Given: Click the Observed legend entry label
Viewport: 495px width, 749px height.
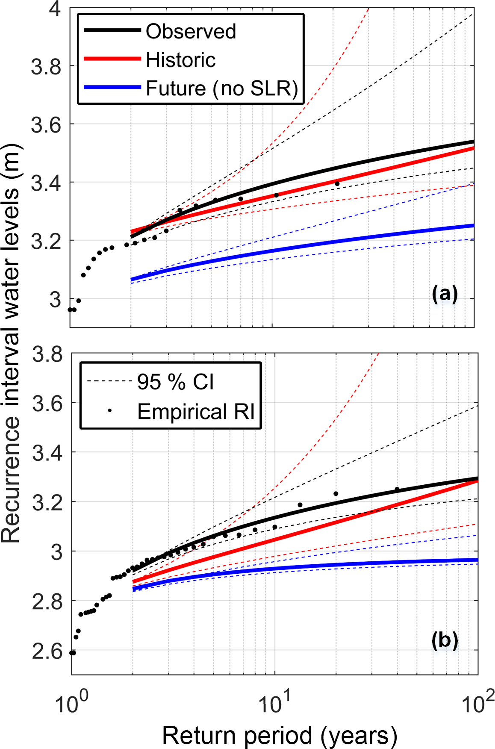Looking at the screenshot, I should (x=191, y=31).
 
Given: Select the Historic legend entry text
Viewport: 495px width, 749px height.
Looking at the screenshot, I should (x=180, y=60).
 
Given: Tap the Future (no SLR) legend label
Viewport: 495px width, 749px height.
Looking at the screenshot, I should (x=221, y=88).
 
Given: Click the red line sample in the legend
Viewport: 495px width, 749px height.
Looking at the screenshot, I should (x=112, y=59).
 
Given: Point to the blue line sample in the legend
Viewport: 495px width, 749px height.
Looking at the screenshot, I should (x=112, y=87).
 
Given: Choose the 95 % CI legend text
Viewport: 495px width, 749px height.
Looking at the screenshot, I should (x=175, y=381).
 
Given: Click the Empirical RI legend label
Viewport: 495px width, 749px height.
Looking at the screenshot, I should (x=196, y=412).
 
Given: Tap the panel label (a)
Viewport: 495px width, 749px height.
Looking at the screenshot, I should (x=445, y=294).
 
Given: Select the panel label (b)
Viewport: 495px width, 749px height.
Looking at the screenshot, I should (x=445, y=640).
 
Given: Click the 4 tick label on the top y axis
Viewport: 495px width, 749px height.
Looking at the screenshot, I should (x=55, y=9).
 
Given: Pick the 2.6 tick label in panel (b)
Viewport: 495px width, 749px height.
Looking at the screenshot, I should (x=47, y=652).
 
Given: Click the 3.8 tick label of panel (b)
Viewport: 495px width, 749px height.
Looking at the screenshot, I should (x=47, y=354).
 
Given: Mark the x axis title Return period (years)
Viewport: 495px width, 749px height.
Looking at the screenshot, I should (x=280, y=736).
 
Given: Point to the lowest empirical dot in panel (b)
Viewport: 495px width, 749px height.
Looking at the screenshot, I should (x=73, y=653).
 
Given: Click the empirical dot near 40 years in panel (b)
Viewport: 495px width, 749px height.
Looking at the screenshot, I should (x=397, y=489).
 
